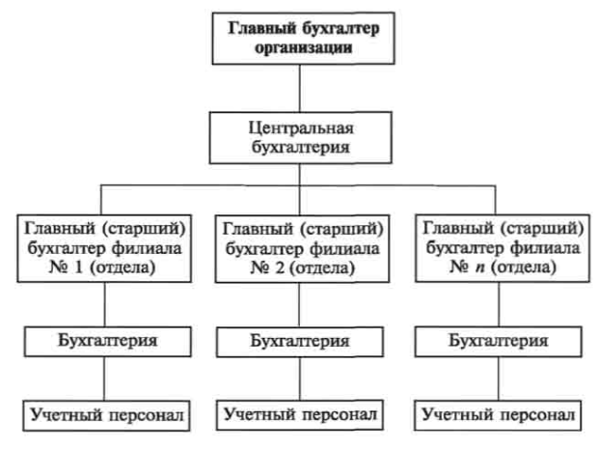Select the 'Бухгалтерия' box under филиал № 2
[302, 341]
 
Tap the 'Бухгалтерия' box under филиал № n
[500, 341]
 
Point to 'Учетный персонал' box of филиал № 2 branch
[302, 416]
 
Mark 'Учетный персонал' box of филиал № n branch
[500, 416]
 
